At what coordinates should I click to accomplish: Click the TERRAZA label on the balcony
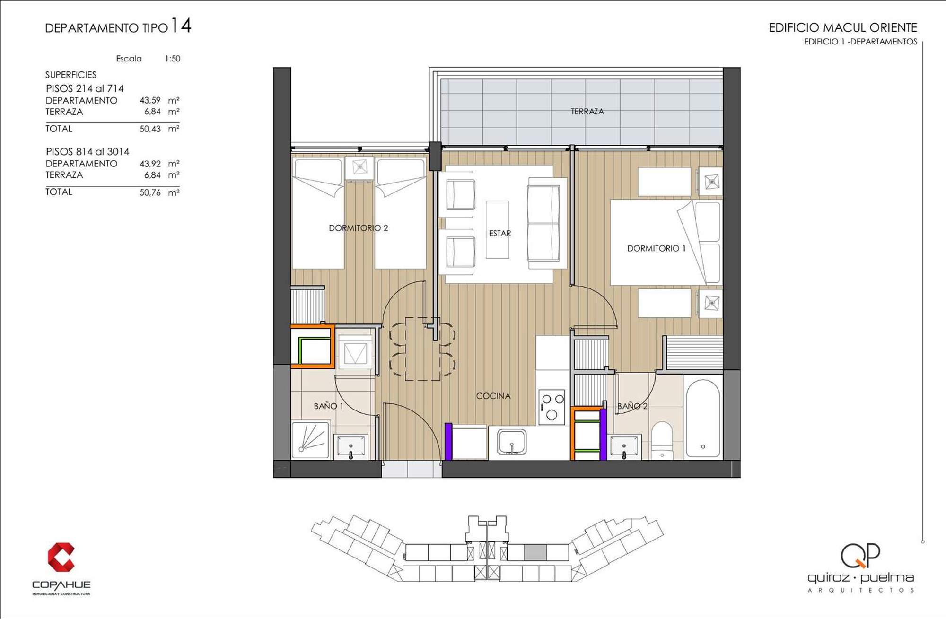point(587,112)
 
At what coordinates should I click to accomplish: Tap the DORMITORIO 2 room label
point(358,228)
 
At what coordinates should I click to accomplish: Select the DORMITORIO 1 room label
point(656,248)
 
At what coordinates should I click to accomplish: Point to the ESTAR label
point(499,233)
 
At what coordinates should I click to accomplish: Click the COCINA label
point(493,396)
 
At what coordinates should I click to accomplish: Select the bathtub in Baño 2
point(703,418)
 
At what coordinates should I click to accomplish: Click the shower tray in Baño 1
point(310,440)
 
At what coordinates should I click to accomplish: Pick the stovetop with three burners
point(552,407)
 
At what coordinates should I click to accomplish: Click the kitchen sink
point(511,442)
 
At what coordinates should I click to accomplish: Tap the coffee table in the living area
point(497,229)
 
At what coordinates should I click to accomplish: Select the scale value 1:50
point(172,59)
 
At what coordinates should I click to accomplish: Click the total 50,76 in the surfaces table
point(150,192)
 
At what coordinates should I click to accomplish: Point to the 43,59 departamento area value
point(150,100)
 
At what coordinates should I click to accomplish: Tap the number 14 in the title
point(181,26)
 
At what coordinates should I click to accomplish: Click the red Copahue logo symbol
point(61,557)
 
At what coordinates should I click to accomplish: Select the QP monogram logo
point(860,555)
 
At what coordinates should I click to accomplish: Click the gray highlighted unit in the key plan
point(535,552)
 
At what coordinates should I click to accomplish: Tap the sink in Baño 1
point(350,447)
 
